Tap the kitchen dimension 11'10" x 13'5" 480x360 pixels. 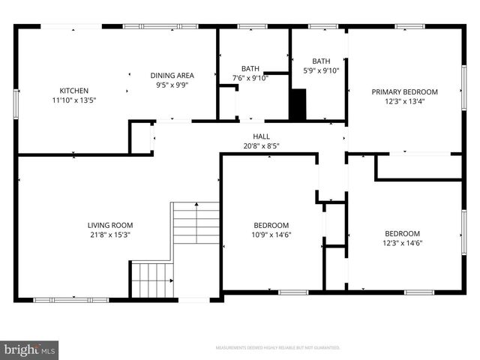pyautogui.click(x=74, y=100)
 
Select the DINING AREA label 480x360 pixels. pyautogui.click(x=172, y=75)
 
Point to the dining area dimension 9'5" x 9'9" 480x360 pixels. pyautogui.click(x=172, y=85)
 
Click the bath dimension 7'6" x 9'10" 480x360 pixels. pyautogui.click(x=250, y=78)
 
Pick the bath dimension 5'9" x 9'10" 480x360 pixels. pyautogui.click(x=321, y=70)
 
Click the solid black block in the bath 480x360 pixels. pyautogui.click(x=298, y=104)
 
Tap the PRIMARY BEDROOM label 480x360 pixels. pyautogui.click(x=405, y=92)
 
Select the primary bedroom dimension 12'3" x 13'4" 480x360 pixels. pyautogui.click(x=405, y=101)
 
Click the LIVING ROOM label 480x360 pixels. pyautogui.click(x=110, y=224)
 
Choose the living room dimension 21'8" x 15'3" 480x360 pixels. pyautogui.click(x=110, y=234)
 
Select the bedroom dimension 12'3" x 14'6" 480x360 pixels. pyautogui.click(x=402, y=242)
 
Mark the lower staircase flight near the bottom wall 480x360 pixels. pyautogui.click(x=151, y=279)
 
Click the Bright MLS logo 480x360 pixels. pyautogui.click(x=30, y=349)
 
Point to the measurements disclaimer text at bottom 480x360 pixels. pyautogui.click(x=277, y=348)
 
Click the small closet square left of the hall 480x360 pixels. pyautogui.click(x=140, y=138)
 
